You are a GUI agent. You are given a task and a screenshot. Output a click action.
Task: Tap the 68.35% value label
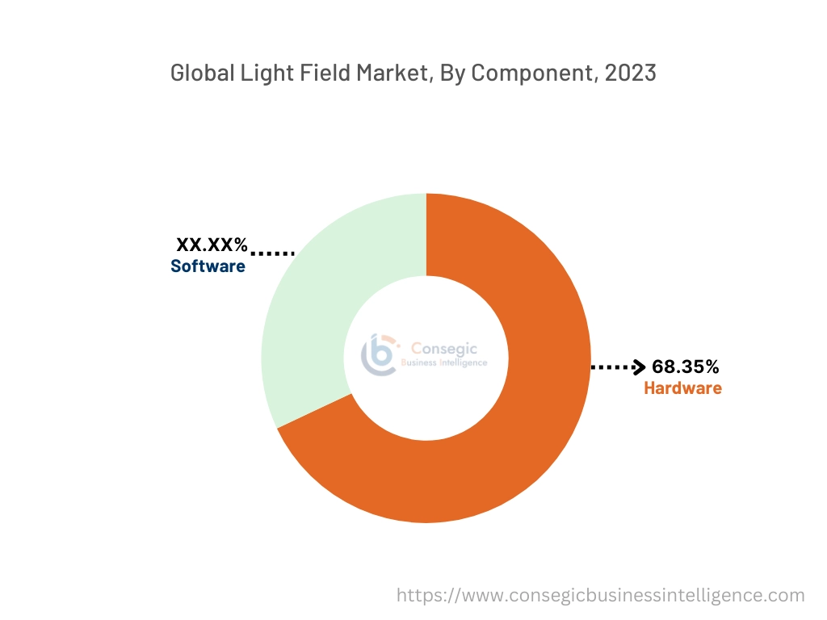tap(685, 367)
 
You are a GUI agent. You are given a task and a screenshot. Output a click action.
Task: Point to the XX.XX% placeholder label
tap(212, 245)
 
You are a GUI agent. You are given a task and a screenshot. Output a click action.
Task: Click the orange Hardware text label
tap(682, 388)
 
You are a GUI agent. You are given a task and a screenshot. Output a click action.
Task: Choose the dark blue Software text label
tap(208, 266)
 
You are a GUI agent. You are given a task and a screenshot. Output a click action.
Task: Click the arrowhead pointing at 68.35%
tap(639, 368)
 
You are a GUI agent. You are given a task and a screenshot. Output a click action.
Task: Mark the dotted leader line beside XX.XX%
tap(272, 253)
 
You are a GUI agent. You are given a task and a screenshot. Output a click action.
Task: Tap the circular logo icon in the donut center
tap(379, 355)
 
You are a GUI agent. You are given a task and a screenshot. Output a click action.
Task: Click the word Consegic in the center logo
tap(444, 349)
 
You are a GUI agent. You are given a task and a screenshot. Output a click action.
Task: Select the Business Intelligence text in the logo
tap(444, 363)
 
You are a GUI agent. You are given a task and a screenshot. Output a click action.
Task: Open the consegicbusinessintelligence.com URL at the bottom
tap(600, 596)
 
